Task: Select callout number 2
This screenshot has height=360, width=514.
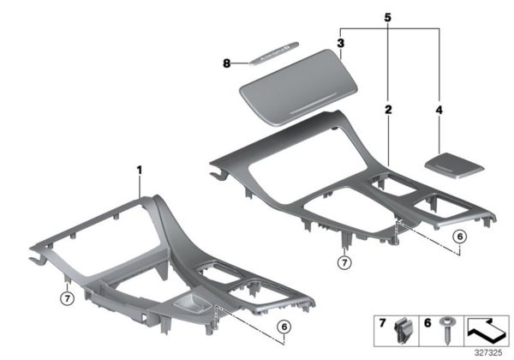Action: click(388, 111)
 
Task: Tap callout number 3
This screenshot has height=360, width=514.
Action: click(340, 42)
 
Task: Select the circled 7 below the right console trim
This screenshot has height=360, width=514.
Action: click(344, 261)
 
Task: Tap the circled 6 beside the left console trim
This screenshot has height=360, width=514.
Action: click(284, 326)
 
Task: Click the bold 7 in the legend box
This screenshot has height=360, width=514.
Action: click(382, 326)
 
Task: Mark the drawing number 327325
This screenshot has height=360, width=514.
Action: click(489, 350)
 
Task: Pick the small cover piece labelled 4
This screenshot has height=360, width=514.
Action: click(455, 164)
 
